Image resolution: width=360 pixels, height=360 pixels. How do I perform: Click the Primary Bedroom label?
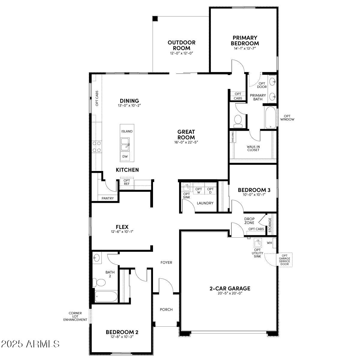[x=245, y=40]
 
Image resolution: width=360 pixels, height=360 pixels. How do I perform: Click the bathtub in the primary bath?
[x=270, y=118]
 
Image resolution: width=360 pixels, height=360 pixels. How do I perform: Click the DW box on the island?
[x=125, y=157]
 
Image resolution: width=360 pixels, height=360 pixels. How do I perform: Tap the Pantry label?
[x=107, y=198]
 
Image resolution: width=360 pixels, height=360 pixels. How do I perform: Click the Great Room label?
[x=186, y=134]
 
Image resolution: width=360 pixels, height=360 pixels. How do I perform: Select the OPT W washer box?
[x=199, y=190]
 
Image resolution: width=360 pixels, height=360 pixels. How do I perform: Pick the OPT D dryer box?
[x=210, y=190]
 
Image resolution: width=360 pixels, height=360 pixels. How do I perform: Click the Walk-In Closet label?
[x=253, y=148]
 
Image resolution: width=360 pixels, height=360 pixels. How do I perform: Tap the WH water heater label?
[x=269, y=243]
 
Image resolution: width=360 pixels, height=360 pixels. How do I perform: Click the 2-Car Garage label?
[x=230, y=289]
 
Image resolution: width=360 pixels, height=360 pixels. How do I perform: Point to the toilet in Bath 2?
[x=99, y=282]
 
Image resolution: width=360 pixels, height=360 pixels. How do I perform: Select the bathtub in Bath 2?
[x=106, y=297]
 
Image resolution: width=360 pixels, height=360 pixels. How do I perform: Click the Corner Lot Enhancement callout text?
[x=75, y=316]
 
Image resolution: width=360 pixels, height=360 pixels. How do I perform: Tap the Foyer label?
[x=166, y=262]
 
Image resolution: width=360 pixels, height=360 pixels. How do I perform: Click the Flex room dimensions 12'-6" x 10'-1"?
[x=122, y=231]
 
